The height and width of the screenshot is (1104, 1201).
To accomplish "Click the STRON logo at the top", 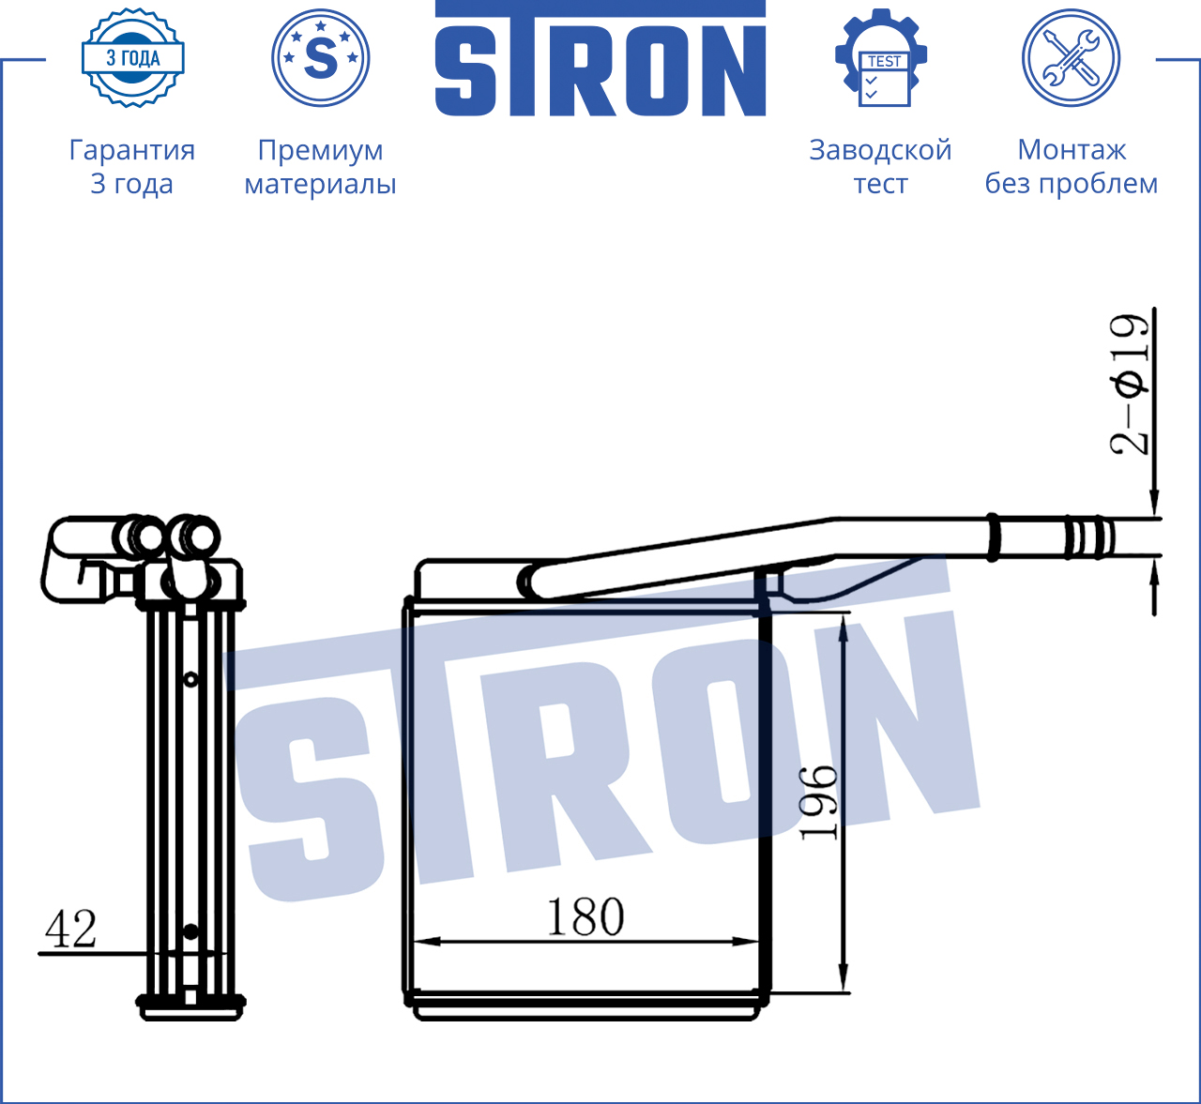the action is pyautogui.click(x=600, y=59).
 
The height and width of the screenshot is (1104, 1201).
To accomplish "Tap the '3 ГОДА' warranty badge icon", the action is pyautogui.click(x=133, y=58).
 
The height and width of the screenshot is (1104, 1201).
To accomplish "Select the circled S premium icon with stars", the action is pyautogui.click(x=320, y=58).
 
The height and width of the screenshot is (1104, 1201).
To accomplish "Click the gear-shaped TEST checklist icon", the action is pyautogui.click(x=881, y=58).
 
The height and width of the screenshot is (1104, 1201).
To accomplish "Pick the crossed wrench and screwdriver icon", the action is pyautogui.click(x=1072, y=58).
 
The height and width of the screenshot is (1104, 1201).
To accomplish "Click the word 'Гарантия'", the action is pyautogui.click(x=132, y=150).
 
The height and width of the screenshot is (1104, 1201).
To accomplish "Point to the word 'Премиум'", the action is pyautogui.click(x=320, y=151).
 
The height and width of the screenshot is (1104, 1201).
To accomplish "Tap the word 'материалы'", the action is pyautogui.click(x=320, y=184).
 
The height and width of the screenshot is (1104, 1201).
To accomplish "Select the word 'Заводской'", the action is pyautogui.click(x=881, y=150).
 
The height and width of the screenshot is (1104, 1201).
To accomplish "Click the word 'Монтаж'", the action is pyautogui.click(x=1072, y=150).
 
